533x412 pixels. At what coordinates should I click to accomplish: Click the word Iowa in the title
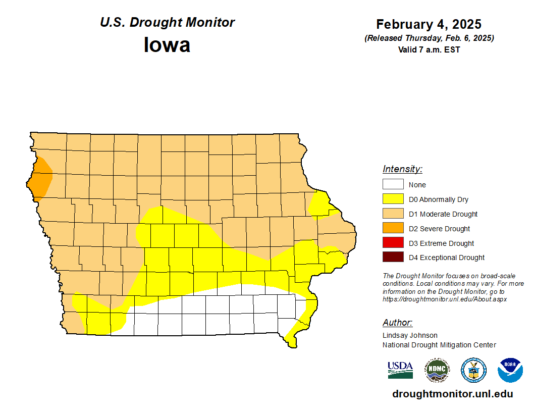coord(167,44)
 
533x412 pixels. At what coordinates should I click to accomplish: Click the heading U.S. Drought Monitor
coord(167,22)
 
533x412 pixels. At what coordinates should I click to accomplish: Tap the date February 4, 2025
coord(429,24)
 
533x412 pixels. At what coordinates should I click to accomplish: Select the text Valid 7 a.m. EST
coord(429,49)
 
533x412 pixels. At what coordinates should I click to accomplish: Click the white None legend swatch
coord(393,185)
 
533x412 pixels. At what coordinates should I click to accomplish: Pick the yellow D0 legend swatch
coord(393,199)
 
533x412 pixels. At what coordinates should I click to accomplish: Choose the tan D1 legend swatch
coord(393,214)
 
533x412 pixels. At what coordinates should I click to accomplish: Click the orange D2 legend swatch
coord(393,229)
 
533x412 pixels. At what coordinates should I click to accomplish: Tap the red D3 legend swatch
coord(393,243)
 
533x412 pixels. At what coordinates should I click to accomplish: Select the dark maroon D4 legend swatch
coord(393,257)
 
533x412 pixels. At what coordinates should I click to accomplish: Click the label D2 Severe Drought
coord(439,229)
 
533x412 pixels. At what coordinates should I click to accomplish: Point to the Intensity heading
coord(402,169)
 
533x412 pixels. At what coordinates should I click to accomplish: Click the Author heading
coord(398,323)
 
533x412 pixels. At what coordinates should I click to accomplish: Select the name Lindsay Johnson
coord(410,335)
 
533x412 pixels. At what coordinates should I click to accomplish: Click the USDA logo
coord(400,370)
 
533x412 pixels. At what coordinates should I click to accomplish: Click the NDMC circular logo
coord(437,370)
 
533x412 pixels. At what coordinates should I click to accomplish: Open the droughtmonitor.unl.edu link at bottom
coord(452,394)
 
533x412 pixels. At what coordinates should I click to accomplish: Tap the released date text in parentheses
coord(429,38)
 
